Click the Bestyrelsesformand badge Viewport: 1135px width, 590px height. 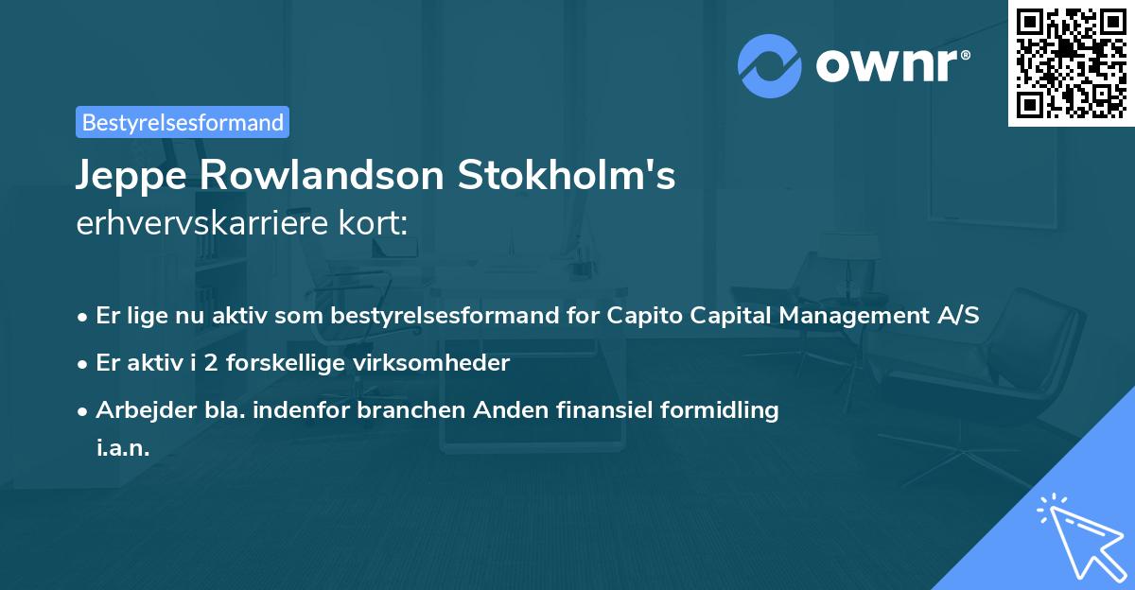(183, 122)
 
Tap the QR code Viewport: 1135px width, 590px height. (1071, 62)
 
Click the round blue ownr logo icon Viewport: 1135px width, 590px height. (770, 66)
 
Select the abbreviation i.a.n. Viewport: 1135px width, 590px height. (123, 448)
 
